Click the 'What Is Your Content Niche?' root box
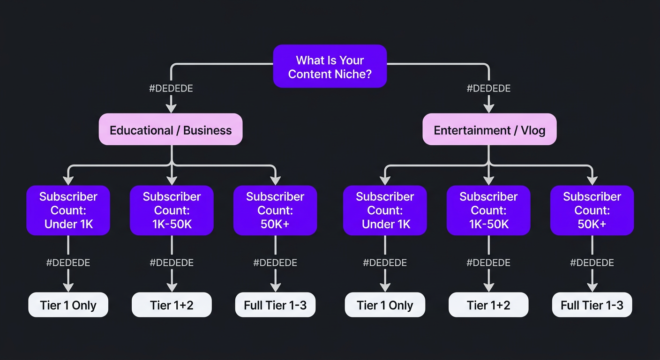330,67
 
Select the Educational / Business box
171,129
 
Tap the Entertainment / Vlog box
489,129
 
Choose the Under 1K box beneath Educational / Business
68,210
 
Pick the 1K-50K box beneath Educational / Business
172,210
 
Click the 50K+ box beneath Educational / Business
275,210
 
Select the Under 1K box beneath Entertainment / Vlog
385,210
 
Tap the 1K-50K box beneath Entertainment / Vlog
488,210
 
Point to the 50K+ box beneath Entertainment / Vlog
592,210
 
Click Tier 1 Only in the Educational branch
68,305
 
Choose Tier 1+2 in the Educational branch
172,305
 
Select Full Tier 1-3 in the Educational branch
275,305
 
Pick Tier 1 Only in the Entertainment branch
385,305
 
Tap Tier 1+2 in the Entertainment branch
488,305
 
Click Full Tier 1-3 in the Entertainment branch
592,305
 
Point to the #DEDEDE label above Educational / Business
171,89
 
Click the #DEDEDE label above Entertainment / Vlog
489,89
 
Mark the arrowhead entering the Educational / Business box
172,108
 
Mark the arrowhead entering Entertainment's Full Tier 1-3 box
592,287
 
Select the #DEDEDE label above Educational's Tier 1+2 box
172,263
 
